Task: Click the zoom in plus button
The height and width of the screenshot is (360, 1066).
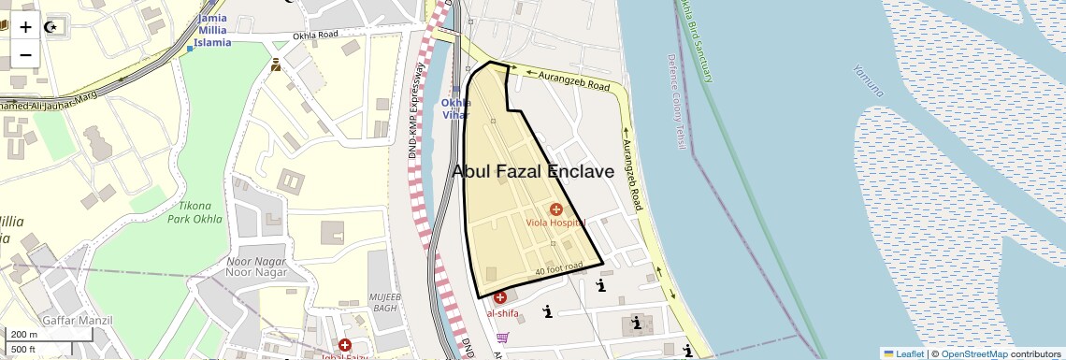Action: pos(25,27)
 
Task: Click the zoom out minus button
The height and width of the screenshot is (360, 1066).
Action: pos(25,54)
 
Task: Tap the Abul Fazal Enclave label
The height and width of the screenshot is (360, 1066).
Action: pos(533,172)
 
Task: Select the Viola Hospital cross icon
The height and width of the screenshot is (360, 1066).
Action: pos(556,209)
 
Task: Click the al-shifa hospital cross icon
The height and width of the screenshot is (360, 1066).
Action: pos(500,297)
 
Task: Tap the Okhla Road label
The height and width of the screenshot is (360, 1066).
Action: pos(315,36)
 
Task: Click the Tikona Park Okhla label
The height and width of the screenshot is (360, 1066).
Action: pos(195,212)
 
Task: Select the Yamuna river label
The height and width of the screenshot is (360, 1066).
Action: pos(867,80)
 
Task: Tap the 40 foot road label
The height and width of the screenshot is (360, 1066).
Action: pos(558,268)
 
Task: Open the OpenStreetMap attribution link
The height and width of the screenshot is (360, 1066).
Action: pos(974,354)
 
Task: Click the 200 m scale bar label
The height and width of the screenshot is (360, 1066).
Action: pos(24,335)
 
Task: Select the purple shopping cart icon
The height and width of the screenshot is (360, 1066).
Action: pos(503,338)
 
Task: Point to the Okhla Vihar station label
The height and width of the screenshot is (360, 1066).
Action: pos(456,108)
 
